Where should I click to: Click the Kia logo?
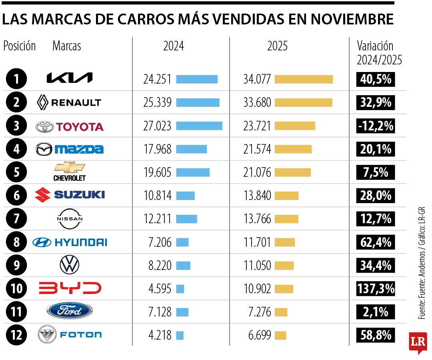(69, 78)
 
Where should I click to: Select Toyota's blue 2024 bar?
(199, 126)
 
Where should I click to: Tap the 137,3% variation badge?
(376, 288)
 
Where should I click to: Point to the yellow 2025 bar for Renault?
(303, 103)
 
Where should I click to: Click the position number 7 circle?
(16, 219)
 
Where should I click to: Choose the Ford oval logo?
(70, 311)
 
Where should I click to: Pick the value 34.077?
(257, 79)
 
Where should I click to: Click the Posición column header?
(19, 46)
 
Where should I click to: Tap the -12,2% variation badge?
(376, 126)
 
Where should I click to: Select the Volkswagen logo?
(70, 265)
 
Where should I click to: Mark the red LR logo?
(418, 342)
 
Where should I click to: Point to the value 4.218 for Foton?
(160, 335)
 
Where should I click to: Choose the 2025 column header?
(277, 46)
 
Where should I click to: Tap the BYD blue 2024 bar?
(180, 288)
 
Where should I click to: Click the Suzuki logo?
(70, 195)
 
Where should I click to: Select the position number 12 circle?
(16, 335)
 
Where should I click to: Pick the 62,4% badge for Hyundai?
(376, 242)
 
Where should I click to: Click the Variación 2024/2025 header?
(379, 53)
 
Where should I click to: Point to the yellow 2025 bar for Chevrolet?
(292, 172)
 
